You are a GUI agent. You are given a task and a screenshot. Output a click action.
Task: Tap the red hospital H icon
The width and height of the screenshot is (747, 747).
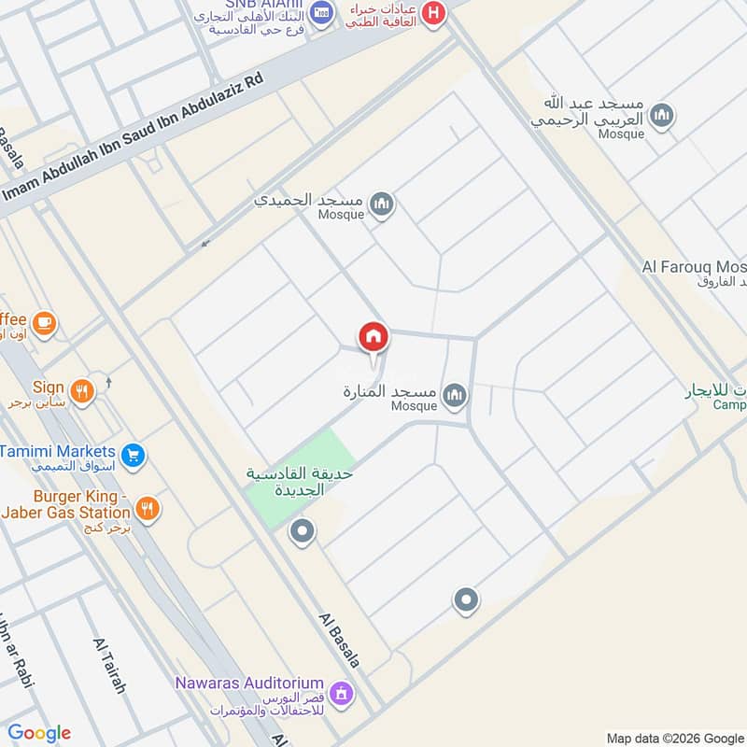click(433, 13)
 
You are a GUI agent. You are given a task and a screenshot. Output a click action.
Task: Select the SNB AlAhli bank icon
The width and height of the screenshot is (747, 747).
click(322, 12)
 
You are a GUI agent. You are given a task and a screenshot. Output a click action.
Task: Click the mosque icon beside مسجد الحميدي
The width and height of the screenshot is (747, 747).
click(381, 204)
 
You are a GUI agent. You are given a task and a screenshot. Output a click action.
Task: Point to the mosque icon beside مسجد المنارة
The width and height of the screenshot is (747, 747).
click(455, 396)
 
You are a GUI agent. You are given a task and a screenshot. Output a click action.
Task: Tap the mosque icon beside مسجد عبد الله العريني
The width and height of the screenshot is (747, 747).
click(662, 116)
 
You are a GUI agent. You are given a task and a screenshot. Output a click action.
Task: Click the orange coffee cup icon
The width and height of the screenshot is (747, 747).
click(43, 323)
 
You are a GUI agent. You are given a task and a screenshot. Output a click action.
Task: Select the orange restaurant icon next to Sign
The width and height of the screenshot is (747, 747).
click(82, 392)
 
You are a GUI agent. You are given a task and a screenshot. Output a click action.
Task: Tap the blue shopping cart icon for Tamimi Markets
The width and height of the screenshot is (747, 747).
click(133, 456)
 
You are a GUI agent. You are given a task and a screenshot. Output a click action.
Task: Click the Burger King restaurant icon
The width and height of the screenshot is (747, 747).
click(147, 509)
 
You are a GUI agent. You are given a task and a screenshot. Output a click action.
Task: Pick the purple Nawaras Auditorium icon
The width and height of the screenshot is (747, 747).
click(341, 693)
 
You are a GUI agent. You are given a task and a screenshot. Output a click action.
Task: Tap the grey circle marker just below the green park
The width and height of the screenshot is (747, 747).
click(302, 533)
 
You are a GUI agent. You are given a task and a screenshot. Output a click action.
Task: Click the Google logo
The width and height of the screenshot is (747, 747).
click(39, 733)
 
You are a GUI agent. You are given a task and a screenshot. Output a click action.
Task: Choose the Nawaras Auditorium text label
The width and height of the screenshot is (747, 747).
click(249, 684)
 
